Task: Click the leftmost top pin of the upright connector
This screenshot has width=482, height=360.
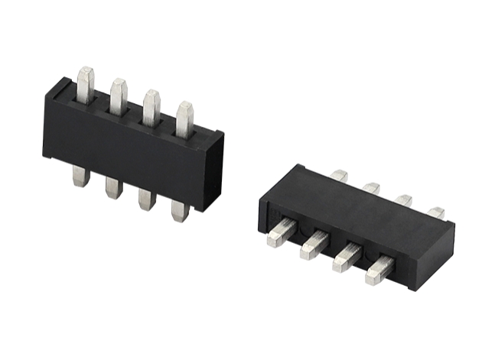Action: coord(86,84)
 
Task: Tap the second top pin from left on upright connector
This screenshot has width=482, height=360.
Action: coord(119,95)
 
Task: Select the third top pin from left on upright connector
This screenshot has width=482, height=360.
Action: coord(151,106)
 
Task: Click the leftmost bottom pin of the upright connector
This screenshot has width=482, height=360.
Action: coord(81,177)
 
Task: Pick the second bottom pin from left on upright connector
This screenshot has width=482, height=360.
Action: coord(114,187)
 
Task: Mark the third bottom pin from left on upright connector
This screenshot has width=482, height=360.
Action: coord(146,199)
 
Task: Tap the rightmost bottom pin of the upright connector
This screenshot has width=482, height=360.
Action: coord(180,210)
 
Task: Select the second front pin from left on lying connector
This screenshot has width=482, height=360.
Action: coord(314,245)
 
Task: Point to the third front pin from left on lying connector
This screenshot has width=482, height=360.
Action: coord(346,258)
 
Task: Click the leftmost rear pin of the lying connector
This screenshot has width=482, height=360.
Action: coord(340,177)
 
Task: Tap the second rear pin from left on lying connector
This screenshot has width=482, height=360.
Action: coord(372,188)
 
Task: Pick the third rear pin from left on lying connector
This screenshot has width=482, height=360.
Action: coord(404,200)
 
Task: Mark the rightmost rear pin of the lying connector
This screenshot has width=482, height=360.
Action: coord(436,212)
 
